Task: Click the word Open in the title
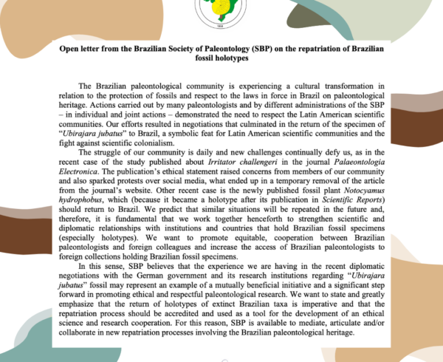coord(72,47)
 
